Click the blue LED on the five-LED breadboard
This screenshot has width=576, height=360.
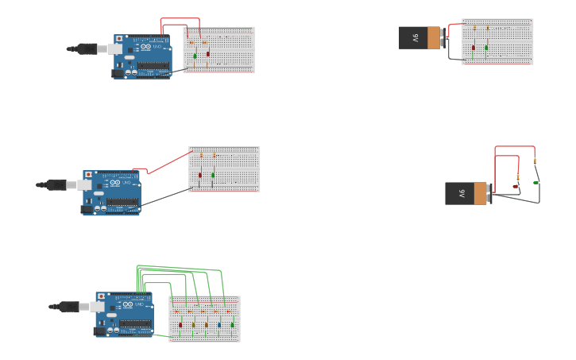coord(219,324)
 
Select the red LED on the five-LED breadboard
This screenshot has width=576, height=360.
coord(180,324)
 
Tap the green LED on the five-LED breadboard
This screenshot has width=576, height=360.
coord(233,324)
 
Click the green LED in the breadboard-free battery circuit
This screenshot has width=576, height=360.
coord(536,182)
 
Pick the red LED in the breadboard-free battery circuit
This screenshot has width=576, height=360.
coord(516,186)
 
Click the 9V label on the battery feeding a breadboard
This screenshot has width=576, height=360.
coord(414,37)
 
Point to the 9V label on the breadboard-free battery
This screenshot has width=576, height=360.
coord(460,193)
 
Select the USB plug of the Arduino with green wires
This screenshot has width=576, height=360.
coord(66,306)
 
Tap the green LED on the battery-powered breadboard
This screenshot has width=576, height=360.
coord(486,47)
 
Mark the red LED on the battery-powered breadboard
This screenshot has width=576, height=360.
coord(474,47)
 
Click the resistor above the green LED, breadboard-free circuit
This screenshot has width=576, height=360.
coord(535,161)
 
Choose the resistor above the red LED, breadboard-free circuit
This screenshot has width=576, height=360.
coord(518,176)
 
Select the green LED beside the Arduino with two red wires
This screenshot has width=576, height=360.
coord(195,56)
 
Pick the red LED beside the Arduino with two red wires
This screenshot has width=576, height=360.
coord(208,54)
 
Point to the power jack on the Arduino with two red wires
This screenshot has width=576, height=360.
coord(118,73)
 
